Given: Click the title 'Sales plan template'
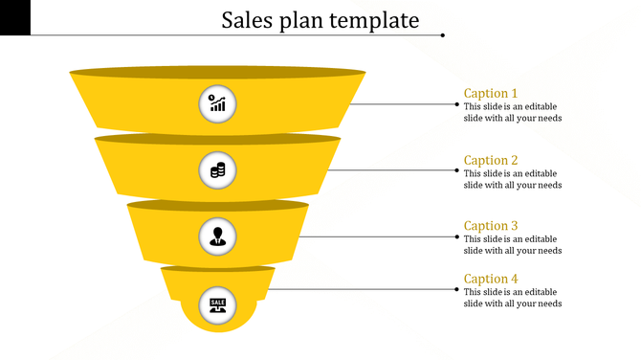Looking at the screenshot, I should (x=320, y=20).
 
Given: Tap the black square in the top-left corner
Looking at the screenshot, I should (x=14, y=17).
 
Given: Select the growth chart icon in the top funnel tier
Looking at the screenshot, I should (x=218, y=103).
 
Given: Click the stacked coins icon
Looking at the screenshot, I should (x=218, y=170).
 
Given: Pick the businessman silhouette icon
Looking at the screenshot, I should (x=218, y=236).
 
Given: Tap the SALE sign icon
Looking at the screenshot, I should (x=218, y=304).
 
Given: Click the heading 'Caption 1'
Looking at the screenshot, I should (x=491, y=93).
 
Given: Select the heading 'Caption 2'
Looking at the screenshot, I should (x=491, y=160).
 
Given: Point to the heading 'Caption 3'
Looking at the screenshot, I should (x=491, y=226).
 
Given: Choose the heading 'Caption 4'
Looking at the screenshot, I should (x=491, y=279).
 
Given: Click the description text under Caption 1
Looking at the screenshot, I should (x=512, y=112).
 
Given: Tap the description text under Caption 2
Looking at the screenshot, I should (x=512, y=179).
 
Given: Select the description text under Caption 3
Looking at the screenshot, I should (x=512, y=245).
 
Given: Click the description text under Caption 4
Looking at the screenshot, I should (x=512, y=298).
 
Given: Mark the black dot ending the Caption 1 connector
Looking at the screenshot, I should (x=456, y=103).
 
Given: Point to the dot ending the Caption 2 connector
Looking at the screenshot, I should (x=456, y=170).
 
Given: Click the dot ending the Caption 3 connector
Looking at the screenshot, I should (x=456, y=236).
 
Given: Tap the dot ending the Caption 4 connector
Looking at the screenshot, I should (x=456, y=288).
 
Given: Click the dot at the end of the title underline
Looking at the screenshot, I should (x=443, y=35).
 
